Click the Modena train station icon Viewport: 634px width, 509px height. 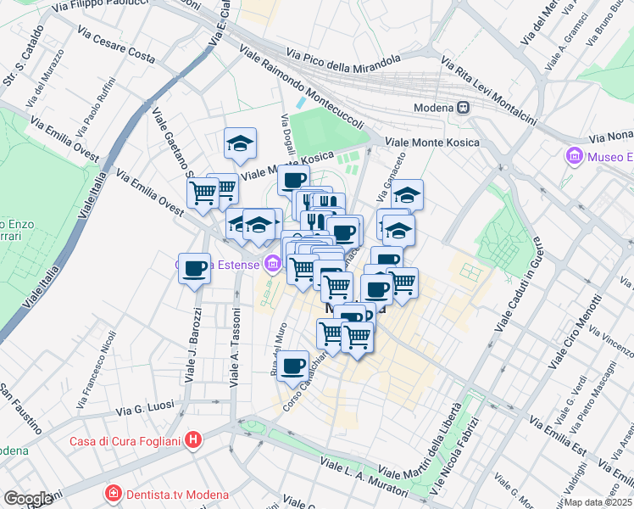click(464, 108)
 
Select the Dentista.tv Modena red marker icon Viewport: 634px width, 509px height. click(112, 494)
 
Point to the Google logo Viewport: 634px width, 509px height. click(28, 499)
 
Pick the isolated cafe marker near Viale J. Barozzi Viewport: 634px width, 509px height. click(194, 268)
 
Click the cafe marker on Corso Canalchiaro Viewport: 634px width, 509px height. click(293, 366)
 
